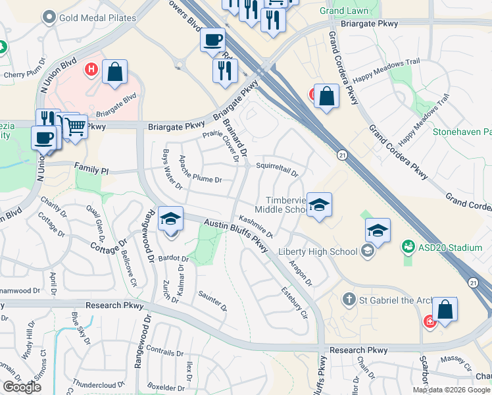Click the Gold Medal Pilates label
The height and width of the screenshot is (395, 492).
[97, 18]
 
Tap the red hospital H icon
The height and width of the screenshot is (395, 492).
[91, 68]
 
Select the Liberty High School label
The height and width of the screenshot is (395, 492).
[318, 251]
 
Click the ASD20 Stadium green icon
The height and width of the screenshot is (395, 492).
[408, 248]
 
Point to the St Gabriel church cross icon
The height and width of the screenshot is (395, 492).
[349, 300]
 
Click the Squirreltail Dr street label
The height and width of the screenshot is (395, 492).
[277, 170]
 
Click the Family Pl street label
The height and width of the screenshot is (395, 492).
[91, 170]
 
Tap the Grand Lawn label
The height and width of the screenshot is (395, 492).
[344, 11]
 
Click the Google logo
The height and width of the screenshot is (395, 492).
[22, 387]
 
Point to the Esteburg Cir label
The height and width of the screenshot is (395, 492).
[294, 302]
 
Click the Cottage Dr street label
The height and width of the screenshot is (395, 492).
[109, 243]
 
